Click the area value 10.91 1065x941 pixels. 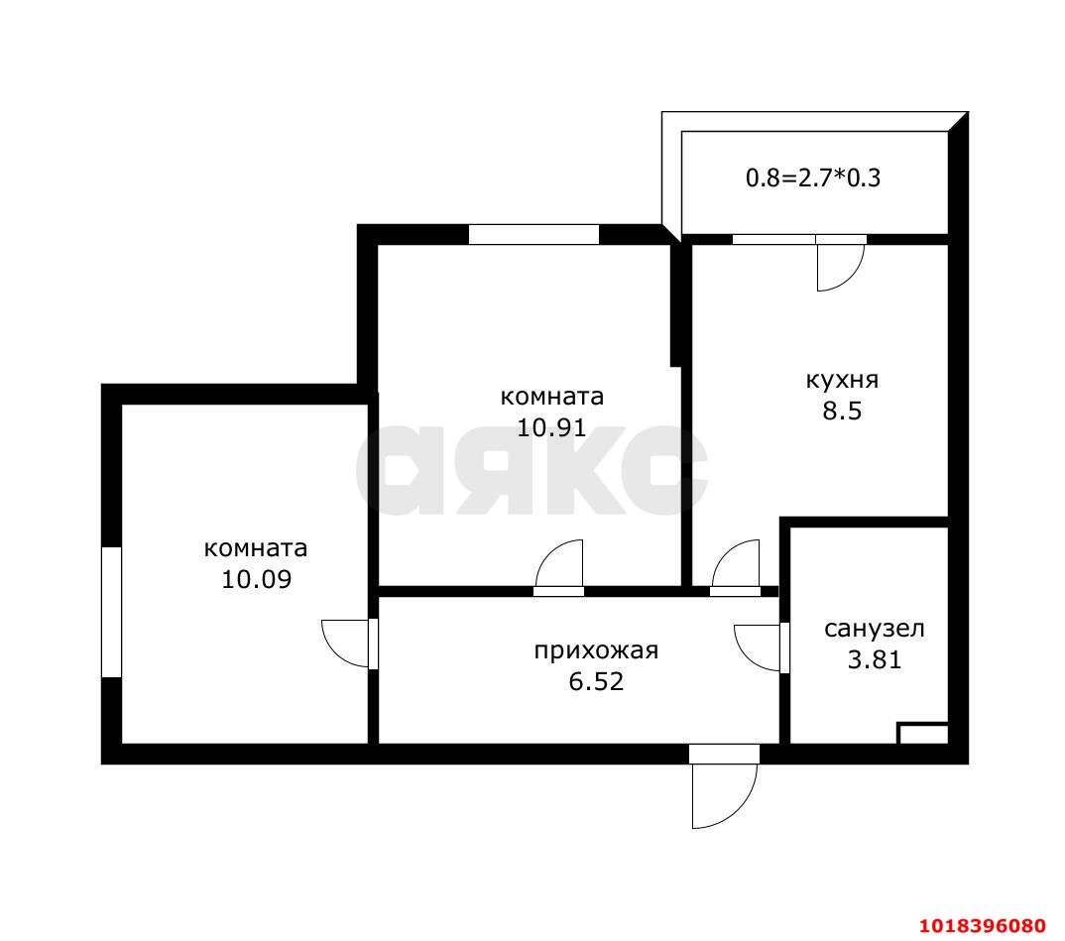(551, 427)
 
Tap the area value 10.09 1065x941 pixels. (257, 579)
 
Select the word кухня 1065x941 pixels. (842, 380)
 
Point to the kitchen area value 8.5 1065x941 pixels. (842, 411)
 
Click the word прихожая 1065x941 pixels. (596, 651)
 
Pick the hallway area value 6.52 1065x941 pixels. (596, 681)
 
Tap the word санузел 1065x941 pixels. (875, 629)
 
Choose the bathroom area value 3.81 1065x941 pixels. (875, 659)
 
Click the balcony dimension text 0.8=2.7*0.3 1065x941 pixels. (813, 177)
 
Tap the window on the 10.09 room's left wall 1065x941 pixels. (111, 612)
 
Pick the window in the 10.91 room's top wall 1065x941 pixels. (533, 234)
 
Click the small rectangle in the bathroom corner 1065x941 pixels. (923, 734)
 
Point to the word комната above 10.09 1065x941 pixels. (256, 548)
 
